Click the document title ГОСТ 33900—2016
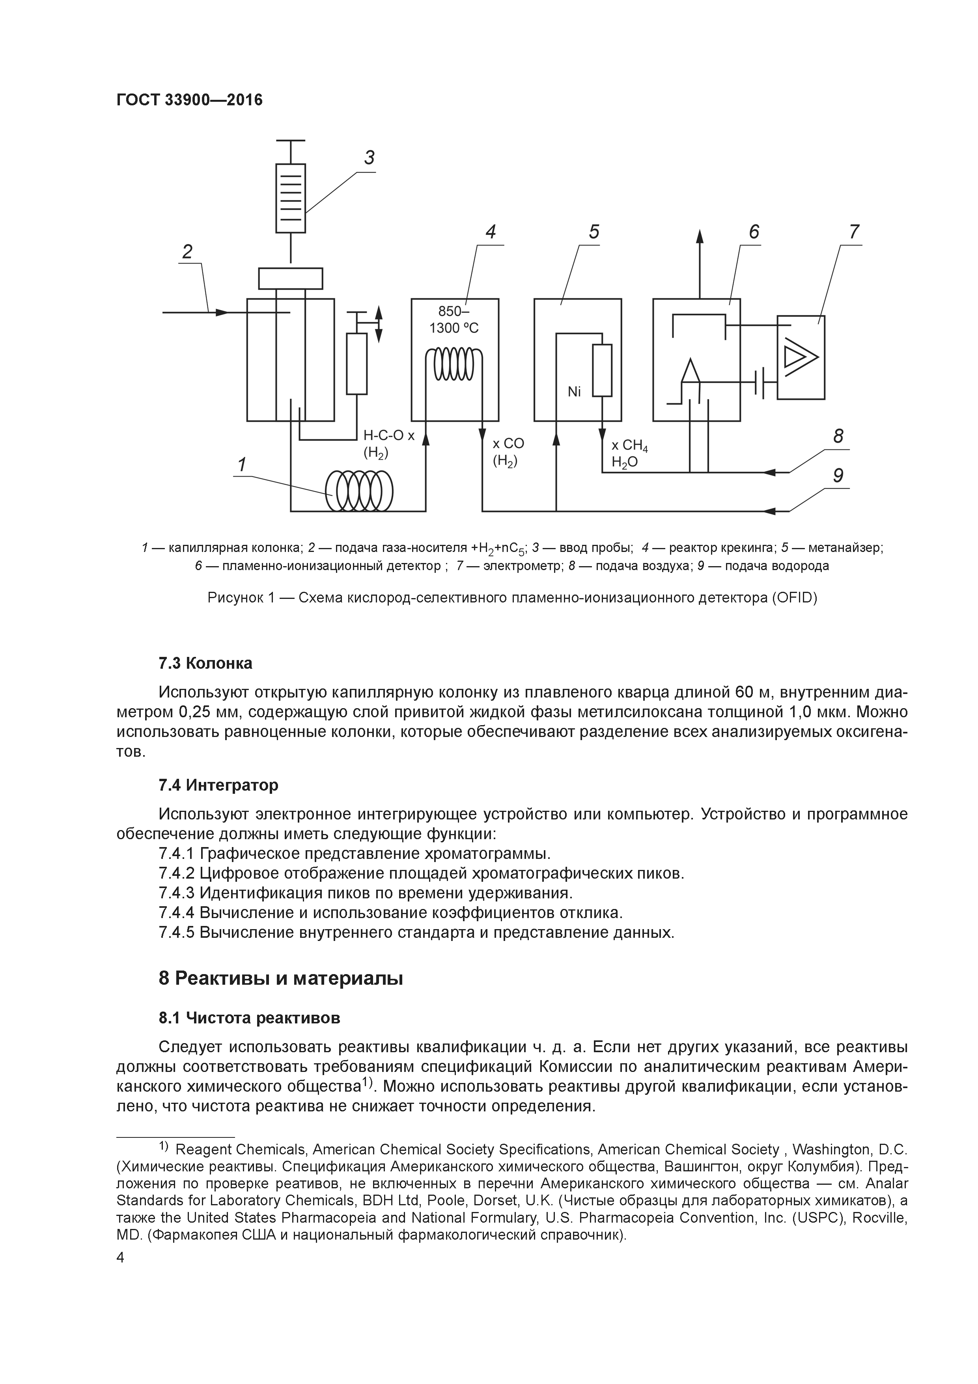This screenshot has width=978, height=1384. coord(189,100)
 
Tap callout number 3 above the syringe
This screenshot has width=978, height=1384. coord(369,158)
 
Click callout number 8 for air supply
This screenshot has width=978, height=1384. coord(838,436)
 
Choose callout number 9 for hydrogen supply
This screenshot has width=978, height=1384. coord(838,476)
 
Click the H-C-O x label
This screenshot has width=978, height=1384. coord(389,436)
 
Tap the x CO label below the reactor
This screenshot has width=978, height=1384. coord(508,444)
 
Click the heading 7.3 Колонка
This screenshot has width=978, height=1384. coord(205,664)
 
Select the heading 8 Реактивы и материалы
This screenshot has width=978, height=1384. coord(280,979)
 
